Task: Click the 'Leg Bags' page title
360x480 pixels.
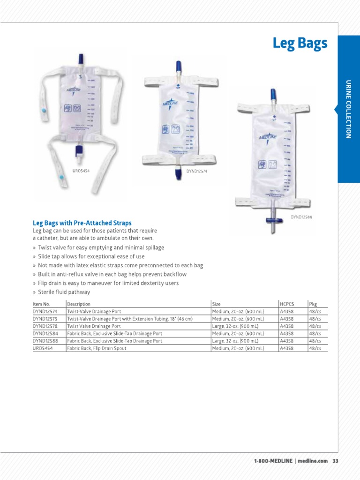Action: (300, 44)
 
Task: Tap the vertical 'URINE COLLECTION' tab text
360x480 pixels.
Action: (348, 109)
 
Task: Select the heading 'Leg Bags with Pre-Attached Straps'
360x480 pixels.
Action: (82, 223)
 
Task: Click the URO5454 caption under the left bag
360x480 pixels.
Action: (81, 171)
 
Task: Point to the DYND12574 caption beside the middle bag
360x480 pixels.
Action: (197, 172)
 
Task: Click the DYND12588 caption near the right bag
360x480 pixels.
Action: (301, 217)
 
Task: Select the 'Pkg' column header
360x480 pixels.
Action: (313, 304)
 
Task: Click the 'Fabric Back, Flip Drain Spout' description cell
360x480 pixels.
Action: (97, 349)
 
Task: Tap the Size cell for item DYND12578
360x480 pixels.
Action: (237, 326)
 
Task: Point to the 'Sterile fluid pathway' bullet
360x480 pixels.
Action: (64, 292)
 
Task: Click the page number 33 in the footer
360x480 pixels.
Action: (335, 461)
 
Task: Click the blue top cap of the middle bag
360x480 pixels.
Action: (179, 66)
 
